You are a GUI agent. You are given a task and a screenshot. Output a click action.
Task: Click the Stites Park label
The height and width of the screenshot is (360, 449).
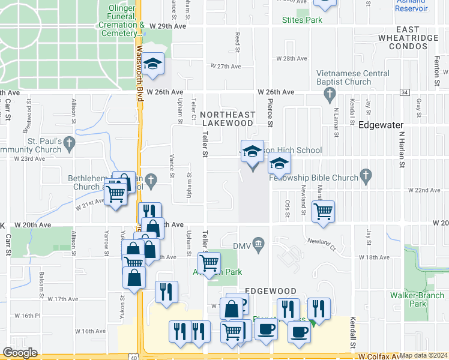tap(302, 20)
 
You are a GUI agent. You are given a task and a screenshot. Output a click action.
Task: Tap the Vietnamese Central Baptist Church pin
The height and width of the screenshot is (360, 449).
tap(328, 94)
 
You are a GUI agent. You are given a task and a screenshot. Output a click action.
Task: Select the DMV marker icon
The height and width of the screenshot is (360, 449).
tap(259, 243)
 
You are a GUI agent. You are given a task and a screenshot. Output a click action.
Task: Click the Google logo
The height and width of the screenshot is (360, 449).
tap(20, 353)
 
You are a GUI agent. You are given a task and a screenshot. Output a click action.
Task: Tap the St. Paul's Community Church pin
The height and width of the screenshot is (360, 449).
tap(70, 143)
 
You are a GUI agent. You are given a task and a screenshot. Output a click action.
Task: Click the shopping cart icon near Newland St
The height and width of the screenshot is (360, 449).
tap(324, 211)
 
